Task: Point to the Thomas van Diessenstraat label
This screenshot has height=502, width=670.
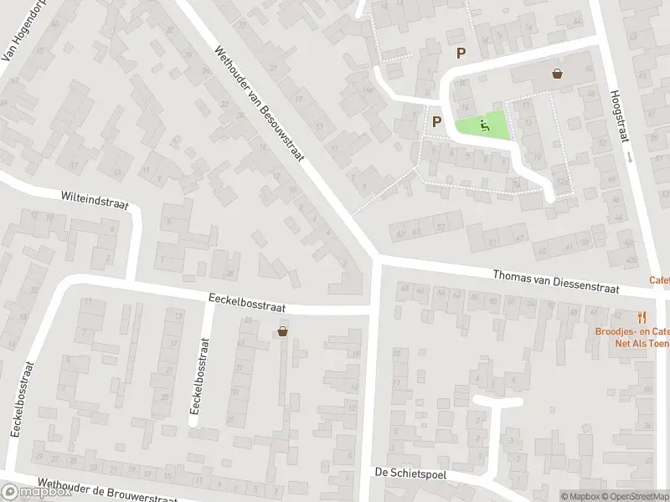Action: tap(555, 282)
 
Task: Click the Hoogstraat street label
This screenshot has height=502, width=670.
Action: tap(618, 117)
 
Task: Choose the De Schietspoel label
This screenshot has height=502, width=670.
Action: tap(410, 474)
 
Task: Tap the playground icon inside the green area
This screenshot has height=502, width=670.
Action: tap(483, 126)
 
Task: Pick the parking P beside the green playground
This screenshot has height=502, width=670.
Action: tap(435, 121)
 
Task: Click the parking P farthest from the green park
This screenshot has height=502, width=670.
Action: tap(460, 53)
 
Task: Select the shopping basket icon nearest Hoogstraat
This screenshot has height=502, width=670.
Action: tap(557, 74)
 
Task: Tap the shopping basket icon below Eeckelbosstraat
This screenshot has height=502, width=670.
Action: tap(283, 332)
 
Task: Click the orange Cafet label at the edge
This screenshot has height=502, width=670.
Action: tap(659, 281)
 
